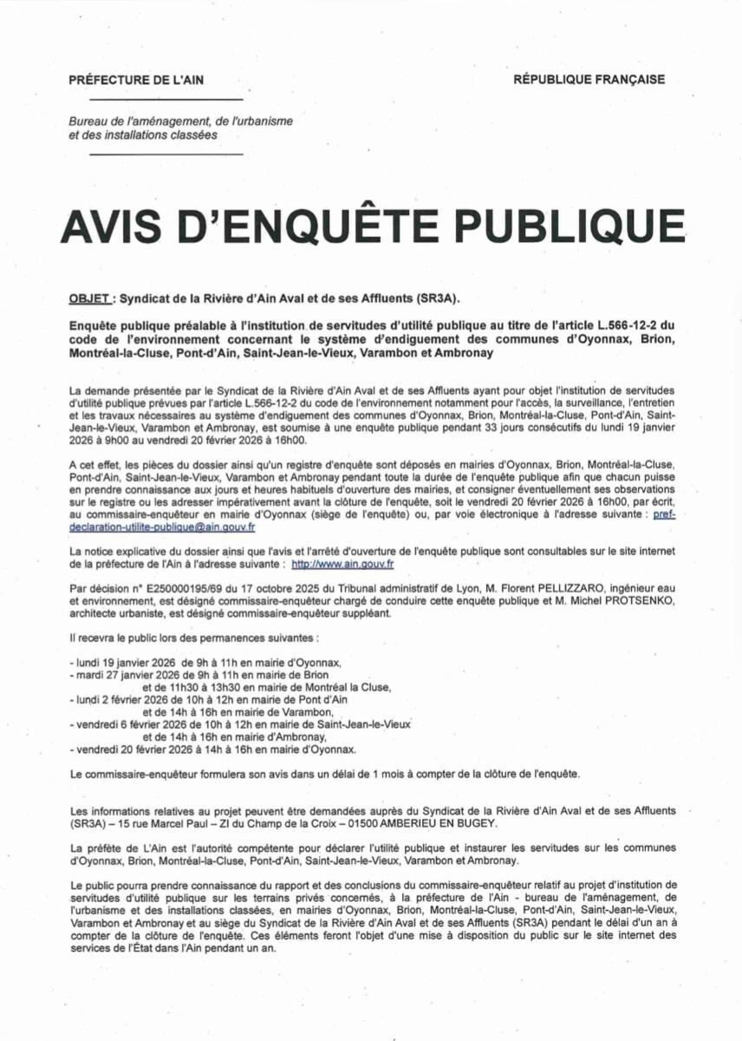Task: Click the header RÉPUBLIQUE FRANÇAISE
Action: (x=589, y=80)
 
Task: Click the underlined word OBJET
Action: (x=88, y=298)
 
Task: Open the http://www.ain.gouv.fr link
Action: (x=342, y=564)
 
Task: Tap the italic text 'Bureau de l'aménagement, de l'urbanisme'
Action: (x=168, y=121)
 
